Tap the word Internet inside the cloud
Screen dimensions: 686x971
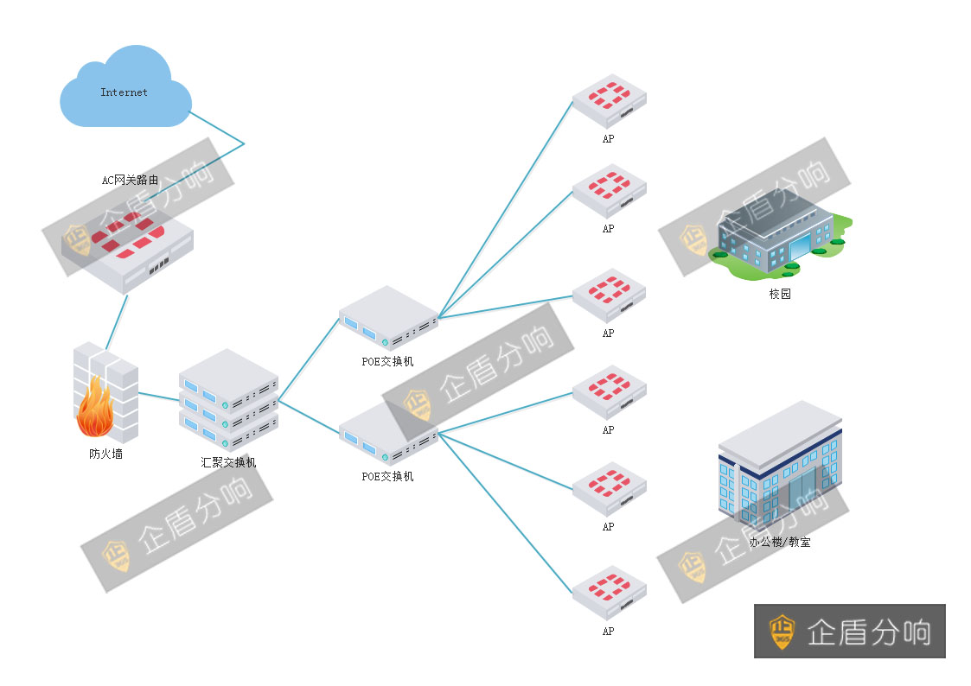tap(124, 92)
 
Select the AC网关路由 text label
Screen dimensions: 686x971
tap(130, 181)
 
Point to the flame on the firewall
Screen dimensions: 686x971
tap(94, 412)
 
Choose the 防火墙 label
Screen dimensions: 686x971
tap(105, 454)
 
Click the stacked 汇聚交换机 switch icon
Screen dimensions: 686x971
tap(228, 398)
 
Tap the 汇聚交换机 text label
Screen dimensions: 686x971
tap(228, 462)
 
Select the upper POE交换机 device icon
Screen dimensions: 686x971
tap(388, 319)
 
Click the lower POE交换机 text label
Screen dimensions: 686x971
tap(387, 476)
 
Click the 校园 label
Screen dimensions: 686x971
tap(780, 294)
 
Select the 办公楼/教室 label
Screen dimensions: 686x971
tap(780, 543)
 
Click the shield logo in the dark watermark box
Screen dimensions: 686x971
tap(783, 632)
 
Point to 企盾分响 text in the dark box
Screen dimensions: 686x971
tap(868, 632)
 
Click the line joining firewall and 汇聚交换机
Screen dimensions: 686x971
tap(158, 397)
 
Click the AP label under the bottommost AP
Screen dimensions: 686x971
tap(608, 632)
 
